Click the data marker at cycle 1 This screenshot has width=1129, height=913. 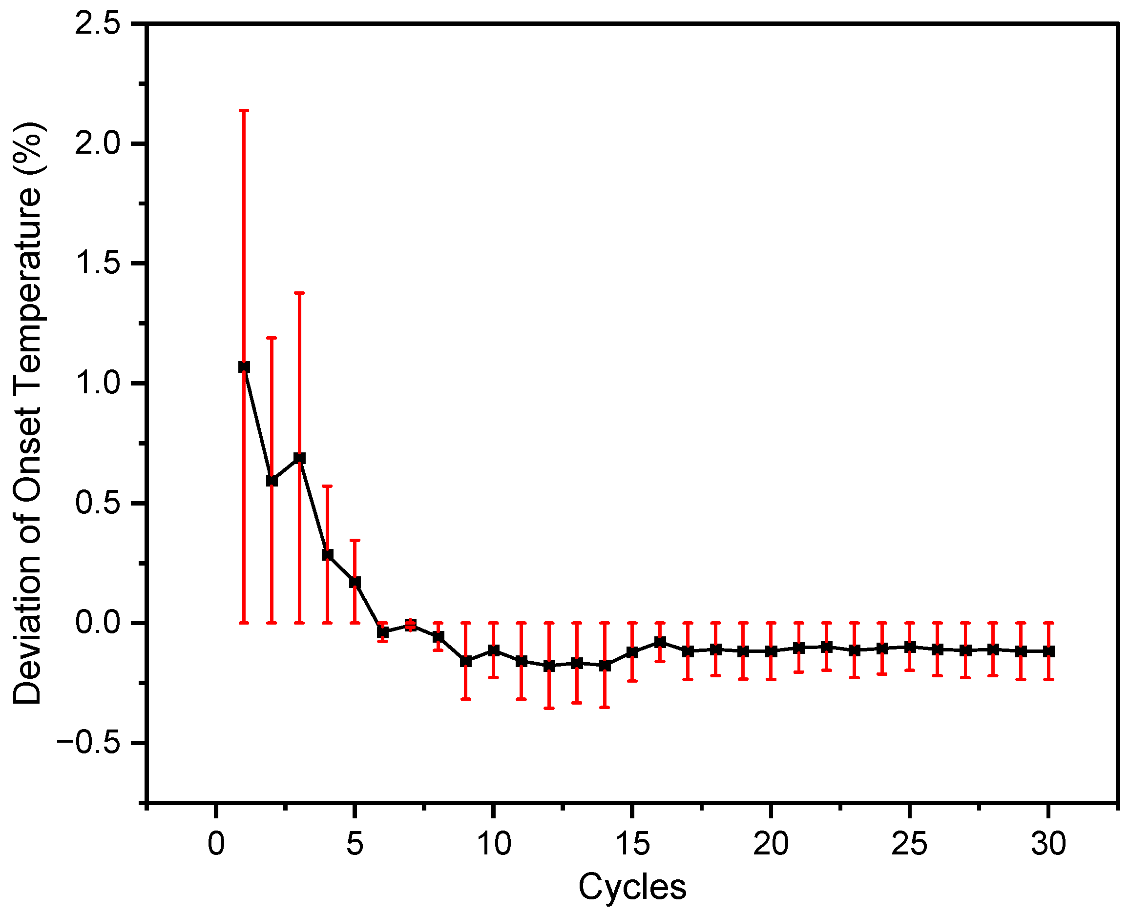click(244, 366)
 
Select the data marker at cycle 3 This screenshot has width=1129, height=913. click(299, 458)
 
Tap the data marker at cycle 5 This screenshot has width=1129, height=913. click(355, 582)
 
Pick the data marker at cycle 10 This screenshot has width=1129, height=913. click(493, 650)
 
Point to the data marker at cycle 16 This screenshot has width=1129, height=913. click(660, 642)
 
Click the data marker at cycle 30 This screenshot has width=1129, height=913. click(1048, 651)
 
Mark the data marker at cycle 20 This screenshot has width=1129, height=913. click(771, 651)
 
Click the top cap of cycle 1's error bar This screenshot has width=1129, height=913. click(244, 110)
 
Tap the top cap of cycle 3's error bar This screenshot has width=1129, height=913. click(299, 292)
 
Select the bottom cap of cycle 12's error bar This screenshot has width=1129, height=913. click(549, 708)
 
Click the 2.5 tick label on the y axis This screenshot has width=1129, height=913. click(98, 24)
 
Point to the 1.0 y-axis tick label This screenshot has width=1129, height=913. click(98, 383)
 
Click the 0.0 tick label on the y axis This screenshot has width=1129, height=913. click(98, 623)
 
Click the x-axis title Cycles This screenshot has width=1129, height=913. click(632, 887)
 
